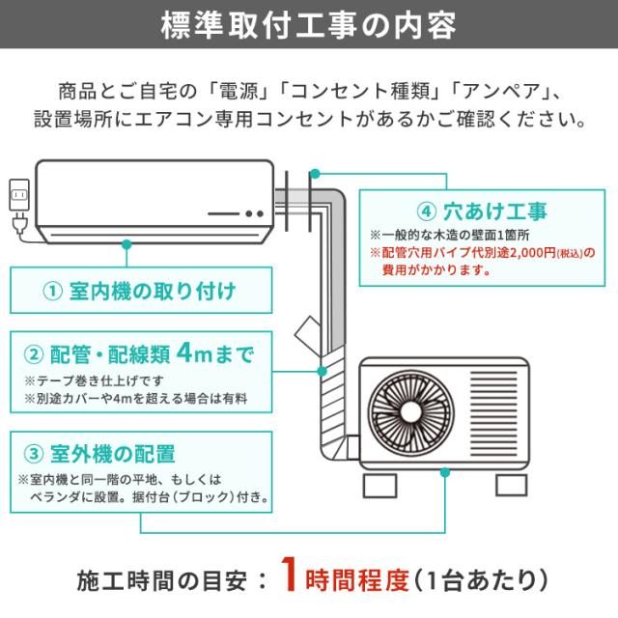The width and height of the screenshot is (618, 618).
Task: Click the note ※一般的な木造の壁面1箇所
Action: tap(449, 235)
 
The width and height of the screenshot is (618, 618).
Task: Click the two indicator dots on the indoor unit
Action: tap(254, 213)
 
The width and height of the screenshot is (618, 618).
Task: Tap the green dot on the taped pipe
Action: tap(320, 371)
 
